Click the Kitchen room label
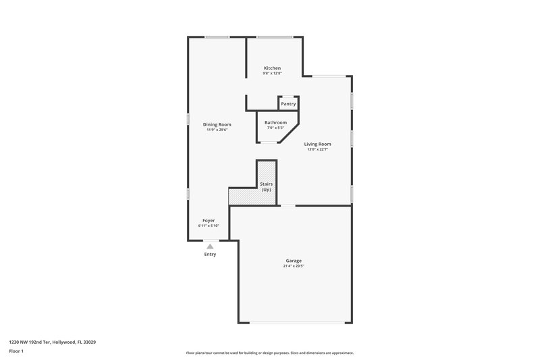pos(272,68)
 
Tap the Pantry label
pos(288,104)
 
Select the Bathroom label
pos(275,122)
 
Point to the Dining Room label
pos(217,124)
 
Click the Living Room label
pos(317,144)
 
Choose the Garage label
pos(294,261)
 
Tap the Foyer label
pos(209,221)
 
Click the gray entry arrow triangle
pos(210,247)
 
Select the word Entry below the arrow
pos(210,255)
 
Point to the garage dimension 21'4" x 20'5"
pos(294,266)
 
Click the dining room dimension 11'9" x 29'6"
pos(217,130)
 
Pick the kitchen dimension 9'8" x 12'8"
pos(272,74)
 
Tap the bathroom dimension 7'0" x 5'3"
pos(275,128)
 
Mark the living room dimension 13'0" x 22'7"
pos(317,149)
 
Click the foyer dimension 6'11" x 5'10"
pos(209,226)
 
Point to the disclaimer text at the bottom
pos(270,353)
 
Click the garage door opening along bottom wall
pos(294,323)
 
